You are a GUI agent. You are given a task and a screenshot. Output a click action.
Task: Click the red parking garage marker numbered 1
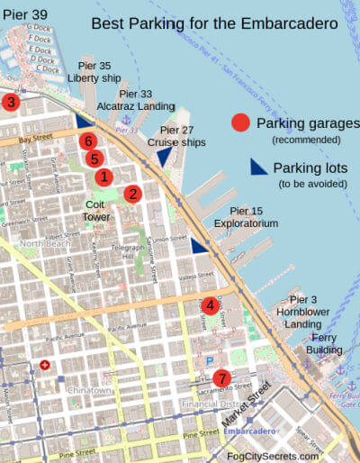103,177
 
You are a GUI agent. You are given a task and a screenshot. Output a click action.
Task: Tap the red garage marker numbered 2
132,193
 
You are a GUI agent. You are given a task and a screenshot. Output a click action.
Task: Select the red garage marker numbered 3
10,102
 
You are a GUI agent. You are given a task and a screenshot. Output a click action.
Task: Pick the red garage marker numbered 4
210,305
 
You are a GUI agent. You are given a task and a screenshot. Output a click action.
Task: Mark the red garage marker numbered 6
87,141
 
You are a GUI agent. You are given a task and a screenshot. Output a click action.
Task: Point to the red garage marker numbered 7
221,378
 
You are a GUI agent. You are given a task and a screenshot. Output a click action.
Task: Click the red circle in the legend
240,123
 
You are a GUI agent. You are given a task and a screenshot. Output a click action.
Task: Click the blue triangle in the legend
258,167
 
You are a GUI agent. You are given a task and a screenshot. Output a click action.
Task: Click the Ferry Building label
324,343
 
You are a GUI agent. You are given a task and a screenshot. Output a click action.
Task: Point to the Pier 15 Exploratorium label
246,216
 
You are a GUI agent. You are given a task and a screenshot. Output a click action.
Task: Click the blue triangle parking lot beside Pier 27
165,157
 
